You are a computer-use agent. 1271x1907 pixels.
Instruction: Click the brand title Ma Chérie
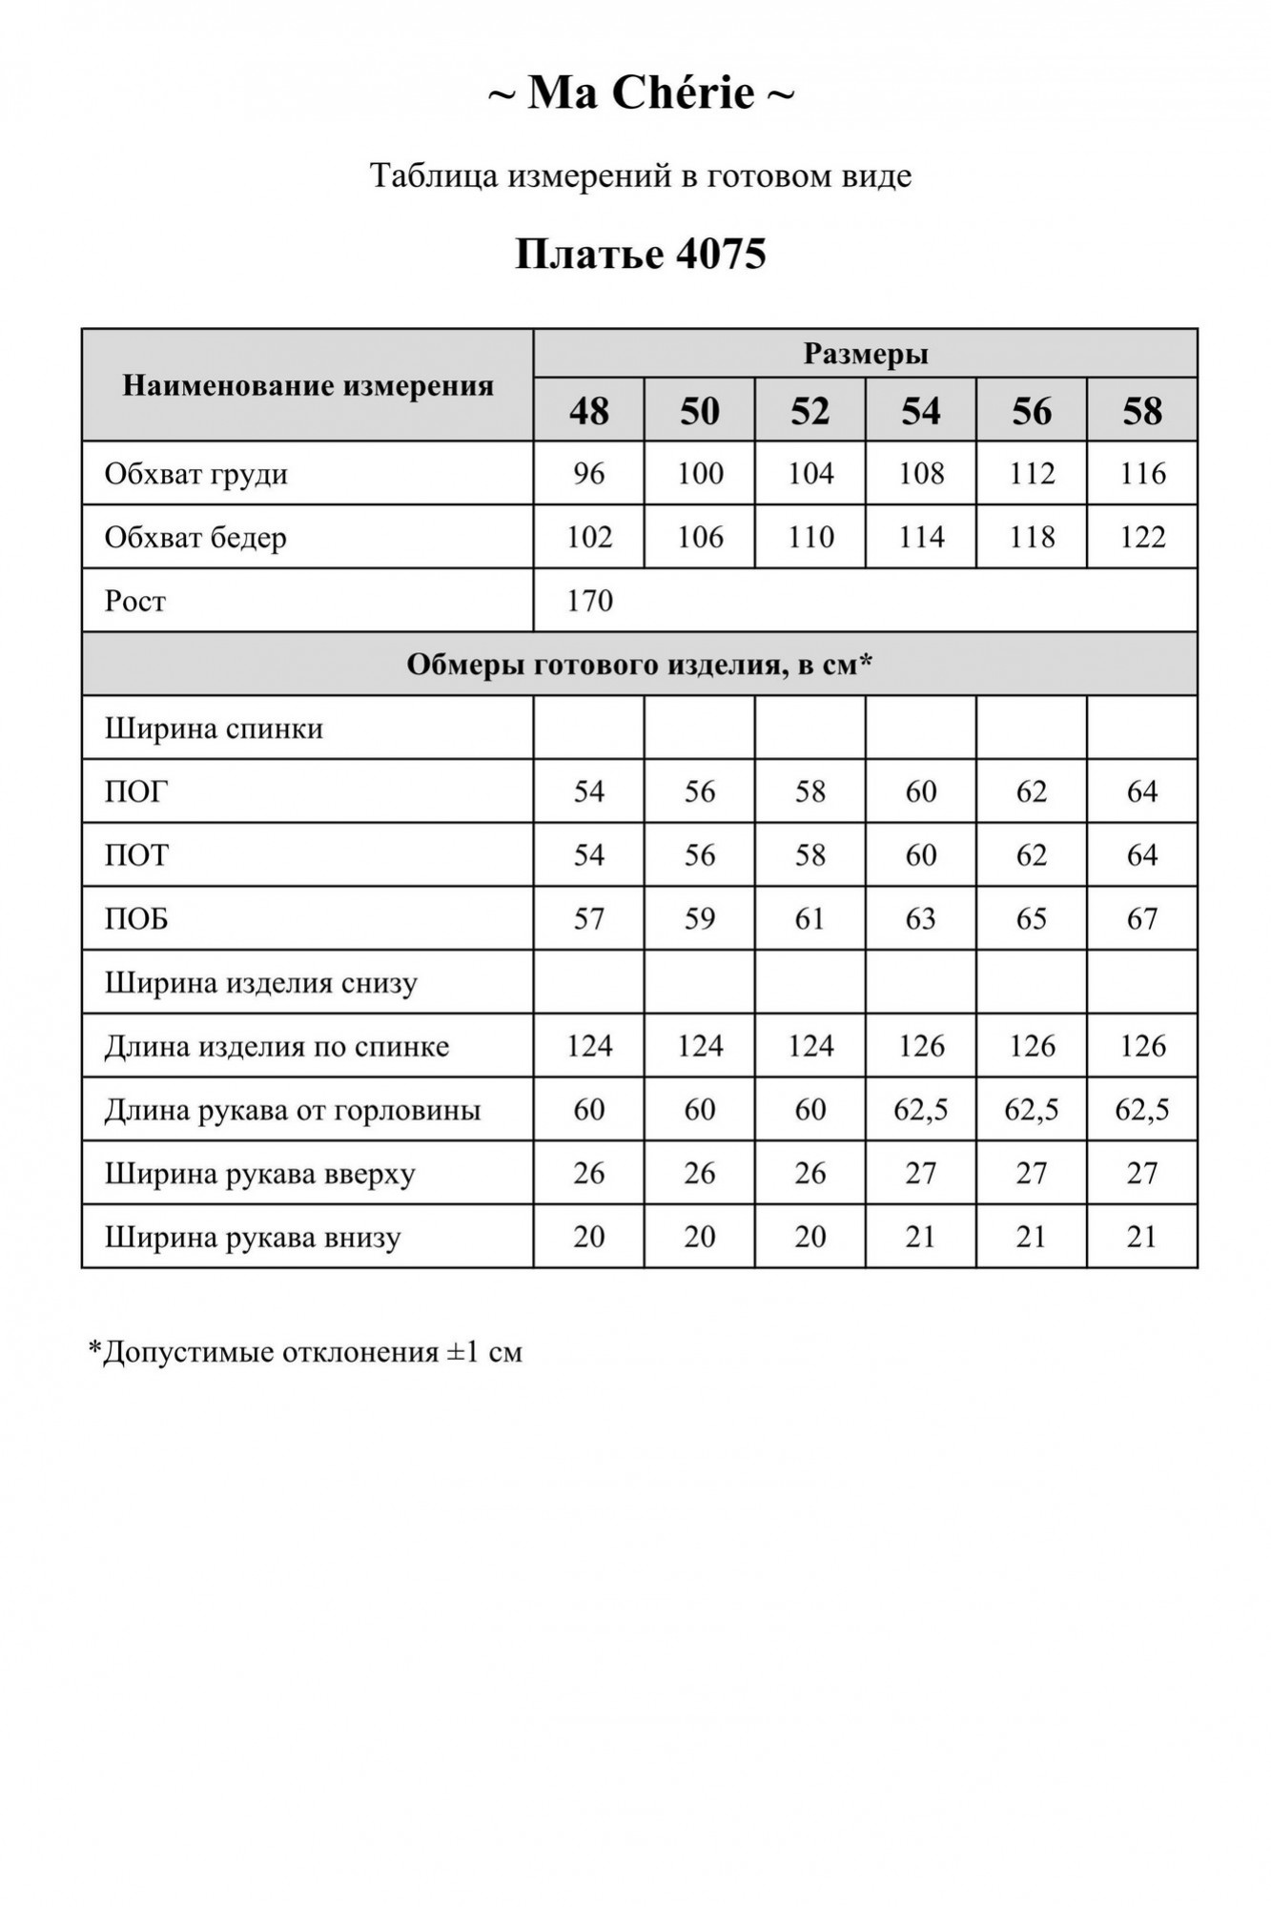pos(641,93)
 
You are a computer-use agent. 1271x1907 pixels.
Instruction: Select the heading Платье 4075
pos(641,254)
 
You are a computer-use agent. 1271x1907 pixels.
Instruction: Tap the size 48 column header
pos(589,411)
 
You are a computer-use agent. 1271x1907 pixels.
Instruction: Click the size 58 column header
pos(1142,411)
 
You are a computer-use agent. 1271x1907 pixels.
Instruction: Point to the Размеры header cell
pos(865,354)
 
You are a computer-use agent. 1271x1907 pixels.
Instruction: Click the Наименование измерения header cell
pos(308,386)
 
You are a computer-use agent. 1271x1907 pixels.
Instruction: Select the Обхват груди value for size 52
pos(810,474)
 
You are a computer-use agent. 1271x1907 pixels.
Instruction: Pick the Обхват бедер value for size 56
pos(1032,538)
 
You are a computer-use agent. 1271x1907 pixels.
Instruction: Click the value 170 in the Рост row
pos(589,601)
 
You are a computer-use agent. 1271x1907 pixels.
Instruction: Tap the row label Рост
pos(135,601)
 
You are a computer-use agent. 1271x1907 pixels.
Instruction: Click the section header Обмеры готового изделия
pos(639,665)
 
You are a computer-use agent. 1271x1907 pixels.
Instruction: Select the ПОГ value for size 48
pos(589,791)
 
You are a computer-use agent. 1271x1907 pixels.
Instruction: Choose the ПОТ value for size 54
pos(921,855)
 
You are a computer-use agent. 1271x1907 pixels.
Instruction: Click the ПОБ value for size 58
pos(1142,919)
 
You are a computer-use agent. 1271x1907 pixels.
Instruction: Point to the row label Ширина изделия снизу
pos(261,983)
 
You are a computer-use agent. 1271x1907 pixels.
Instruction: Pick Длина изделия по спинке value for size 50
pos(700,1046)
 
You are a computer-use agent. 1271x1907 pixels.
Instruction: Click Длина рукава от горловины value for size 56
pos(1032,1110)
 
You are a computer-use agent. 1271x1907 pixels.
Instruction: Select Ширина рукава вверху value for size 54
pos(921,1174)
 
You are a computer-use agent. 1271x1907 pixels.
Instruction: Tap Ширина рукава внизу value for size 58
pos(1142,1238)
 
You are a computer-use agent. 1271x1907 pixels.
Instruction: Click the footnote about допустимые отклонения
pos(305,1352)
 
